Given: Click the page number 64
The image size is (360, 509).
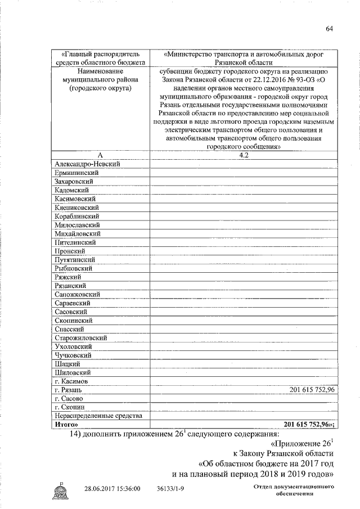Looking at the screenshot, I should click(329, 29).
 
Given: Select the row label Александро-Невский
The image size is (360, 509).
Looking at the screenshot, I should click(88, 164).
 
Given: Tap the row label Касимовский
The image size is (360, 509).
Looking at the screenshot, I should click(76, 199).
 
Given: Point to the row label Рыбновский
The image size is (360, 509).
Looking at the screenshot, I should click(74, 268).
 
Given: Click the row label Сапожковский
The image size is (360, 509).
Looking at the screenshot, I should click(78, 294).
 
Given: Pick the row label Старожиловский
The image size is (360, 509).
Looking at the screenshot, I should click(81, 337).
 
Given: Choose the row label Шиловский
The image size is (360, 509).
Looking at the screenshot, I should click(73, 372).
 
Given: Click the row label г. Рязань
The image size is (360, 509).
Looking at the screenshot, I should click(69, 390).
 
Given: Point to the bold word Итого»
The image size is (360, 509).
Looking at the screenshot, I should click(66, 425).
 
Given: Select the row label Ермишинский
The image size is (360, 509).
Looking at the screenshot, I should click(76, 172).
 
